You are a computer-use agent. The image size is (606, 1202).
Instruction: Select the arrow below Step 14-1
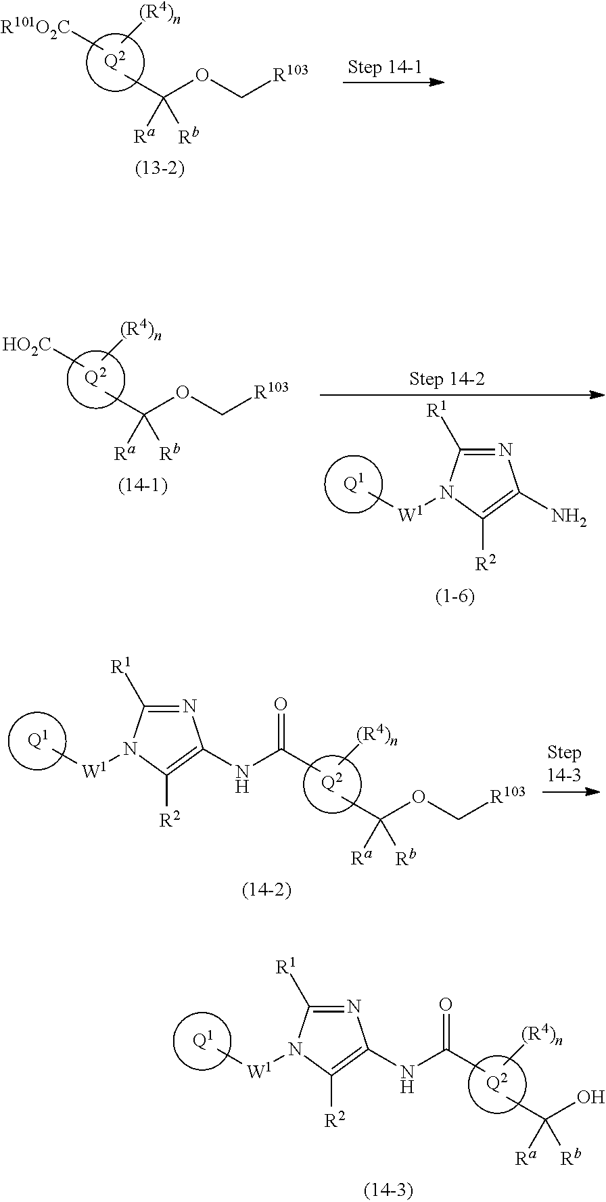point(392,83)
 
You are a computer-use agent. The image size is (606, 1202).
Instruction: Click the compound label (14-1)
point(142,486)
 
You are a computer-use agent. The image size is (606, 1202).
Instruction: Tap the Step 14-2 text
point(447,379)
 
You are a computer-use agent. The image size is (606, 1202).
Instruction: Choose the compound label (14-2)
point(266,890)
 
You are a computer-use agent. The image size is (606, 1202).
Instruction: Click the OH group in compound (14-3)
point(592,1096)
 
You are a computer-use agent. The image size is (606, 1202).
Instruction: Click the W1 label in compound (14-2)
point(95,770)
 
